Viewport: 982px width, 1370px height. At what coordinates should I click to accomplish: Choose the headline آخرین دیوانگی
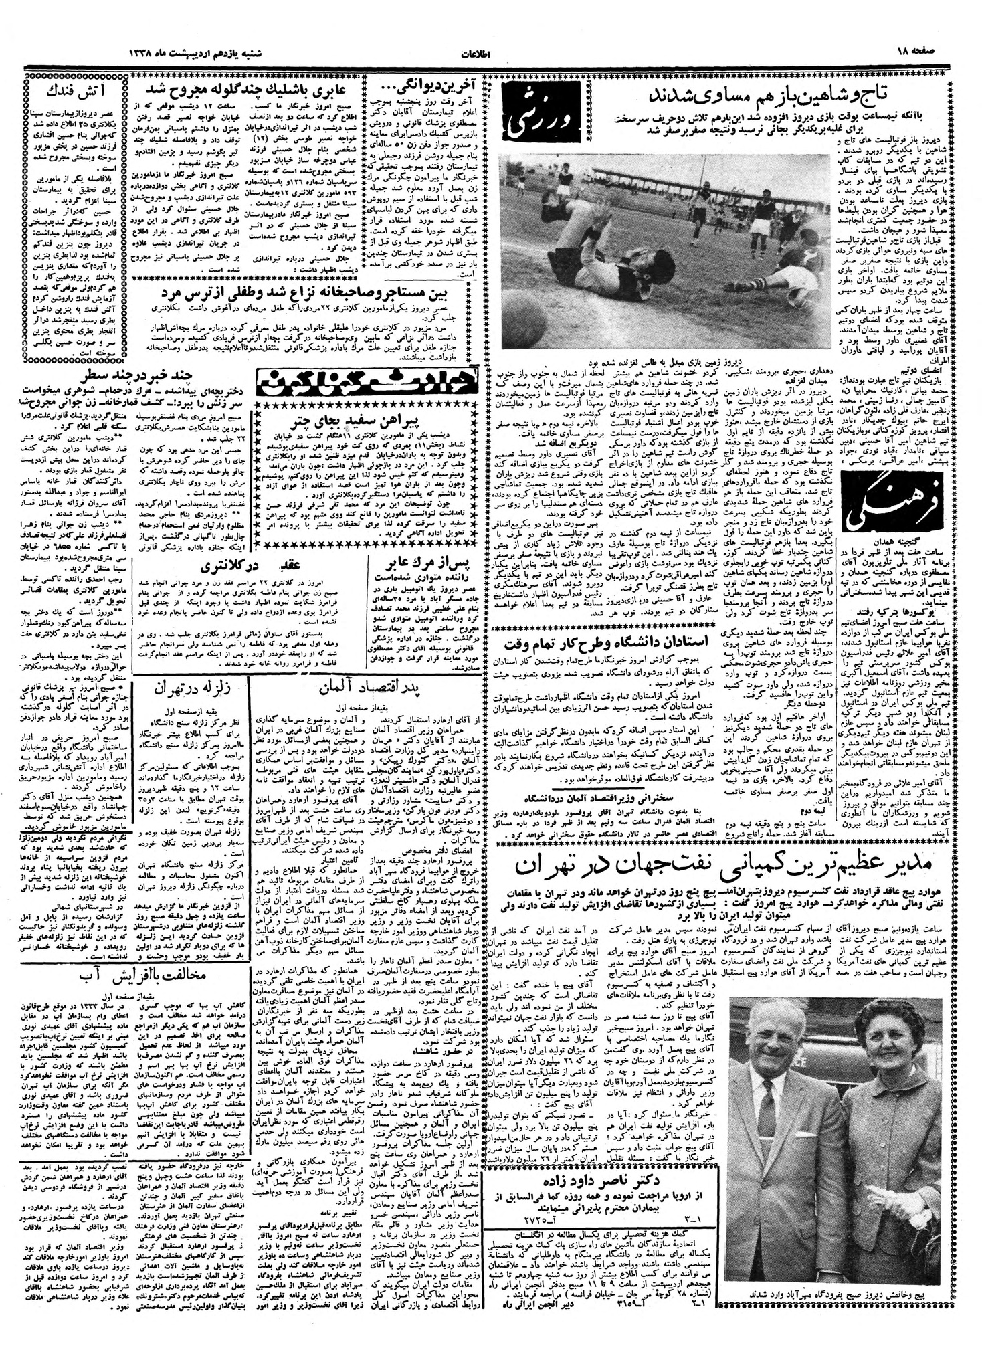click(426, 88)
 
